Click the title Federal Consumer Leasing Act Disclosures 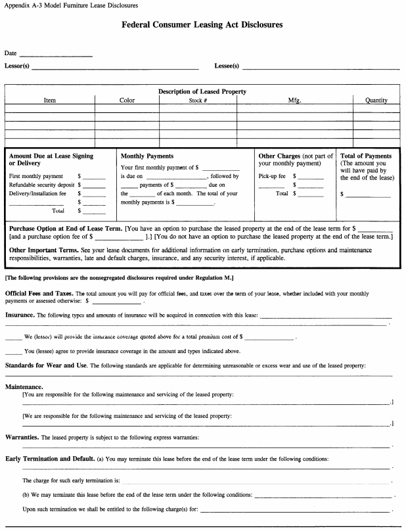pos(202,25)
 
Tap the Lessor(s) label pos(17,66)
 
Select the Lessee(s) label pos(227,66)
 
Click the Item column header pos(50,101)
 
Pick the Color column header pos(127,101)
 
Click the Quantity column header pos(376,101)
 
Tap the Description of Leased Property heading pos(202,91)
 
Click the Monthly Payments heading pos(147,156)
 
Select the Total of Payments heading pos(366,156)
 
